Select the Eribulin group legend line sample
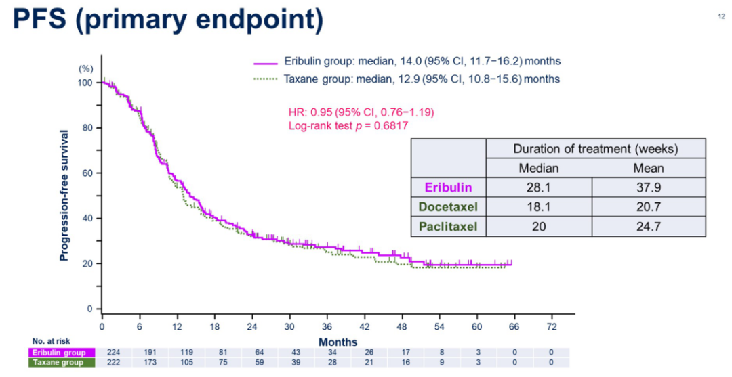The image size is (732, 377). point(266,62)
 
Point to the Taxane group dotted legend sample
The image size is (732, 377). point(266,79)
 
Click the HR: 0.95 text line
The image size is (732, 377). point(361,112)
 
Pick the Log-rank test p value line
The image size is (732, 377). point(348,125)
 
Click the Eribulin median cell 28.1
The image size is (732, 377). point(538,187)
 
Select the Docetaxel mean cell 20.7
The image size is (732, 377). point(649,206)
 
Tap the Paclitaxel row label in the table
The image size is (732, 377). point(448,226)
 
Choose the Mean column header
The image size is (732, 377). point(649,168)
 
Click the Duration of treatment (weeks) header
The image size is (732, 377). point(595,149)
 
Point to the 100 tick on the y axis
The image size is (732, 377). point(85,83)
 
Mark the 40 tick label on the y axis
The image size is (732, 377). point(87,218)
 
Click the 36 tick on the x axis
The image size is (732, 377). point(327,326)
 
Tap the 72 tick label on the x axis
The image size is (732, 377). point(552,326)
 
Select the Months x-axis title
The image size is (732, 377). point(338,342)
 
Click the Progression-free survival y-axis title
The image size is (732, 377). point(64,195)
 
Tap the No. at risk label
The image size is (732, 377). point(51,341)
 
